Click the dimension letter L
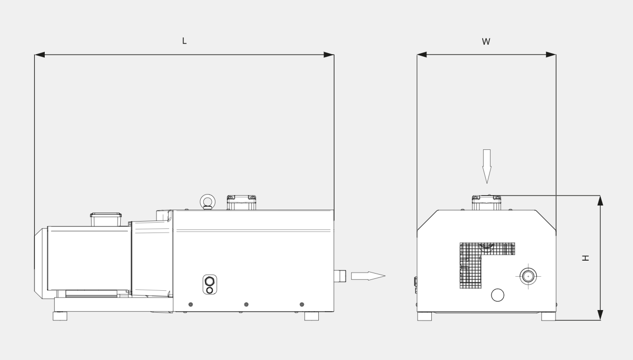point(184,41)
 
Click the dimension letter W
point(486,42)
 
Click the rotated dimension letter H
point(586,258)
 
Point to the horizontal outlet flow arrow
point(368,276)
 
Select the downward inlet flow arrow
point(487,166)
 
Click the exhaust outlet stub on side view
point(340,276)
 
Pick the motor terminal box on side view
point(106,220)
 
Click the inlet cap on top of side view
point(241,202)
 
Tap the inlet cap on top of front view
point(486,202)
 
